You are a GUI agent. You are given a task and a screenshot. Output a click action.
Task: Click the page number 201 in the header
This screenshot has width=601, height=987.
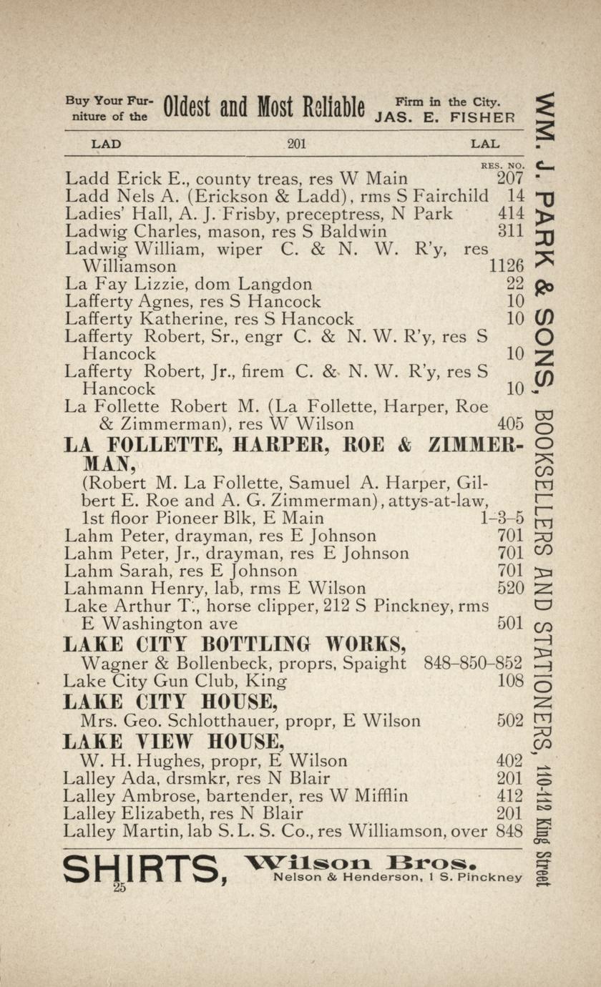(x=296, y=144)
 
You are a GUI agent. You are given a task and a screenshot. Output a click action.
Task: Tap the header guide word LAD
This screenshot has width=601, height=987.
(x=106, y=144)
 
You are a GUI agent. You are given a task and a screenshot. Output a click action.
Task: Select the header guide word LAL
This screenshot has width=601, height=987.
(x=485, y=144)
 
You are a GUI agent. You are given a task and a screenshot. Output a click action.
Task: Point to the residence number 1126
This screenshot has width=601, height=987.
(x=507, y=266)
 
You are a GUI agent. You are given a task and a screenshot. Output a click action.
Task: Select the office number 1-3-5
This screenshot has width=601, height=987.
(x=504, y=518)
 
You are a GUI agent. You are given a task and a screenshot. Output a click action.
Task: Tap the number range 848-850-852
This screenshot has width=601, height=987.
(x=474, y=663)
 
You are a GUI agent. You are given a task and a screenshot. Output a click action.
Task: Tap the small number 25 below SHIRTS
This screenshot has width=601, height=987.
(x=119, y=888)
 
